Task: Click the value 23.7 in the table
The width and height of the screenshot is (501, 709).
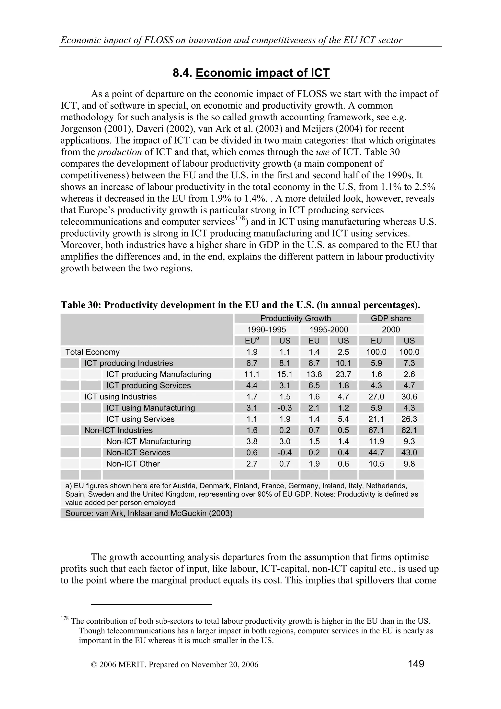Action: pyautogui.click(x=343, y=374)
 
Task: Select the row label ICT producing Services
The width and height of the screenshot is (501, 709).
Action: pyautogui.click(x=148, y=385)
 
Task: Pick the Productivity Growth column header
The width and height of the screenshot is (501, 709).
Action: pyautogui.click(x=296, y=318)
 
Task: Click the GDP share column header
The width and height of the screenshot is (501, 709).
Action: pyautogui.click(x=391, y=318)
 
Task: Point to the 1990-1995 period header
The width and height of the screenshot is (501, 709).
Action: pyautogui.click(x=267, y=330)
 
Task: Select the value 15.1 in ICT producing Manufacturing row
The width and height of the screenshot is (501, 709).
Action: pyautogui.click(x=285, y=374)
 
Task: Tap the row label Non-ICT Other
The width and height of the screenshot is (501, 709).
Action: pyautogui.click(x=133, y=464)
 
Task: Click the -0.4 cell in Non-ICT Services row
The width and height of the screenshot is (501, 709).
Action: pyautogui.click(x=285, y=452)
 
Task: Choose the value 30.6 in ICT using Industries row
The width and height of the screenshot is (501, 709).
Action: pyautogui.click(x=409, y=397)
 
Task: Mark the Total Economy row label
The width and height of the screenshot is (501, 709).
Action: pyautogui.click(x=92, y=352)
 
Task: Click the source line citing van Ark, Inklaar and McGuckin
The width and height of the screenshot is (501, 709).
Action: pyautogui.click(x=149, y=513)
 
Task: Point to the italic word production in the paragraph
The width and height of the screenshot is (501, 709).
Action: pyautogui.click(x=119, y=152)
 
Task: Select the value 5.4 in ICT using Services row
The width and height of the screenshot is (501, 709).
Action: pyautogui.click(x=343, y=419)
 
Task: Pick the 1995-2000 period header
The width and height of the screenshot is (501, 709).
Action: pyautogui.click(x=329, y=330)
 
